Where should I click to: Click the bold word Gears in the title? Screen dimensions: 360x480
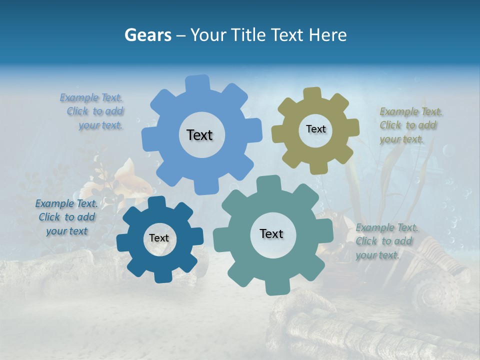tap(148, 35)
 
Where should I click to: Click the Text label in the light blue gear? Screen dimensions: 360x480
tap(199, 135)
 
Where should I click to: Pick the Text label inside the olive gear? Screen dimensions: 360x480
tap(315, 129)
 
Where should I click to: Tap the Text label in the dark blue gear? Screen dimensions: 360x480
tap(159, 238)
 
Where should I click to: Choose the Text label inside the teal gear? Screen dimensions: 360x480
tap(271, 233)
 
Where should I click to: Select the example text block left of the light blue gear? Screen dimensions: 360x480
tap(92, 111)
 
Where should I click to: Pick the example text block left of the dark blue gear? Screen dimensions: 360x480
tap(66, 217)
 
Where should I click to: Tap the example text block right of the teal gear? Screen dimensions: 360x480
tap(386, 241)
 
